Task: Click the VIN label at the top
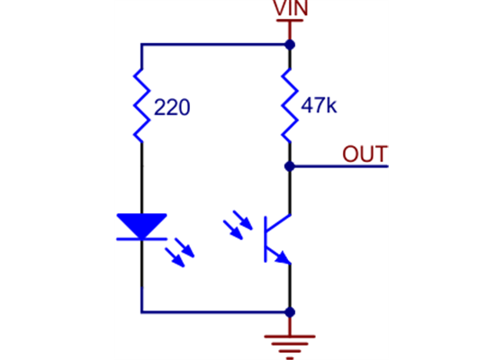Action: [x=290, y=8]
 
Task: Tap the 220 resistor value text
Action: [x=172, y=108]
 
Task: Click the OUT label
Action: [x=364, y=153]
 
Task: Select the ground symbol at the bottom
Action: [x=290, y=342]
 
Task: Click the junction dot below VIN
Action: [x=290, y=43]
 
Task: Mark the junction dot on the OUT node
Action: [x=290, y=166]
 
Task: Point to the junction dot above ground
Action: [x=290, y=312]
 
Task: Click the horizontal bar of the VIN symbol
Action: [x=290, y=19]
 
